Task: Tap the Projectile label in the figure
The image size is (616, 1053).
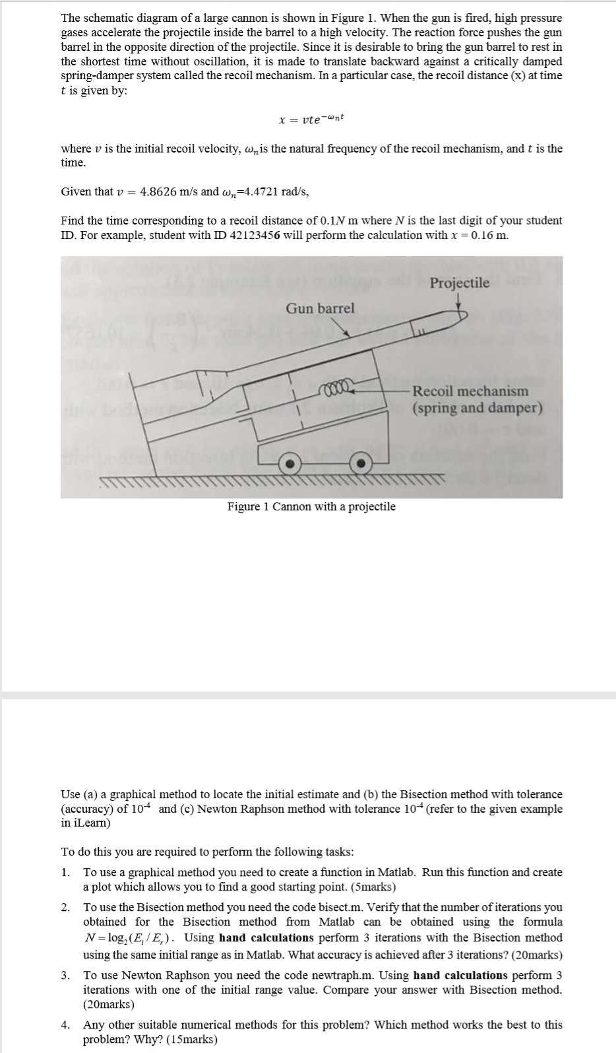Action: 460,283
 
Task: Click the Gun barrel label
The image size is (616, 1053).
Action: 320,308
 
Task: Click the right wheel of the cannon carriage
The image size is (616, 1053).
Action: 360,464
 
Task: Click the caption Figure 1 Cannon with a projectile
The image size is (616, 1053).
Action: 311,507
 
